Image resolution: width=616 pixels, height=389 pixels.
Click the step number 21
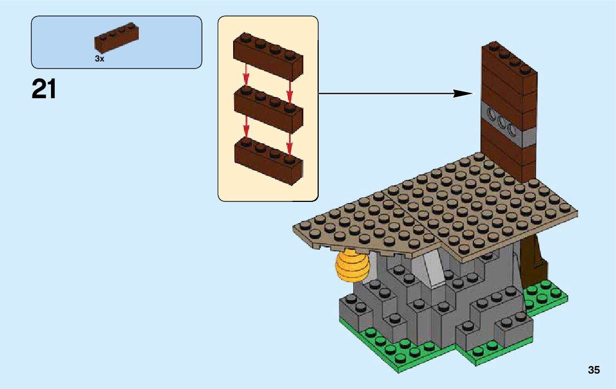point(44,89)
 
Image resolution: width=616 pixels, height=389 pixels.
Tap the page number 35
point(594,370)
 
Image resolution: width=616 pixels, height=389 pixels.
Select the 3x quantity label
point(99,59)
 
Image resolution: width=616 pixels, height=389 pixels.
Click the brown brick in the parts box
point(116,39)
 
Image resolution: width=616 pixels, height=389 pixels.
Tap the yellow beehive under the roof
point(353,266)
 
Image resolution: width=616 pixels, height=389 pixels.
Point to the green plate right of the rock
point(546,296)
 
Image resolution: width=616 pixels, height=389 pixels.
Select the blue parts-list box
point(116,42)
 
